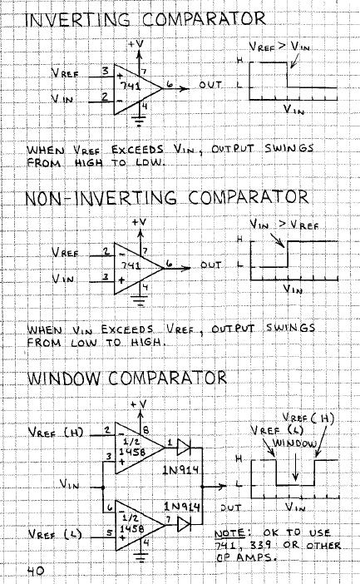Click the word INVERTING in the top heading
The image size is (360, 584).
pos(78,19)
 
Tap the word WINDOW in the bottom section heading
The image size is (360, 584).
pos(64,378)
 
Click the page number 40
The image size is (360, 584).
pos(36,571)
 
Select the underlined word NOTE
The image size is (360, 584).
pos(229,533)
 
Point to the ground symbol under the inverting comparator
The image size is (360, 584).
pos(139,121)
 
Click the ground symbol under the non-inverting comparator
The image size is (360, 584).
pos(139,301)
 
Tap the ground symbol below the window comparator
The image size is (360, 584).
pos(141,557)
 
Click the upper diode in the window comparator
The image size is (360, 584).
pos(184,448)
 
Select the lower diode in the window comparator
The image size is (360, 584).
pos(184,523)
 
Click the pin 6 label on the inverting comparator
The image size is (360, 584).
pos(170,84)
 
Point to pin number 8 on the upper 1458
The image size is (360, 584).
pos(145,430)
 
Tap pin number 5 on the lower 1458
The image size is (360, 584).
pos(110,532)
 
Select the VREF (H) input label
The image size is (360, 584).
pos(57,433)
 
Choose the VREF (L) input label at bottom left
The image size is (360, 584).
pos(55,534)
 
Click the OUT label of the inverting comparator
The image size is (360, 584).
pos(210,85)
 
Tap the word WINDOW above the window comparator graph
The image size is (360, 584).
pos(294,443)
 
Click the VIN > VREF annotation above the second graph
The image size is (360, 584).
pos(284,225)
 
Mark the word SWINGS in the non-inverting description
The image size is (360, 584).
pos(290,328)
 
